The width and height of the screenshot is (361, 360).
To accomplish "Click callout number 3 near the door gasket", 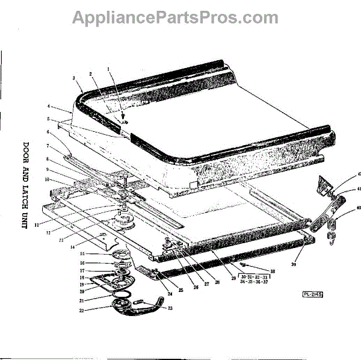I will click(73, 78).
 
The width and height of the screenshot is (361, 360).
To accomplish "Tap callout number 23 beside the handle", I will click(170, 308).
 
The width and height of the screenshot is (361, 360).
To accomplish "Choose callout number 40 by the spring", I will click(359, 208).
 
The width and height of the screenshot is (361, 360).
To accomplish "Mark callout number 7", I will click(48, 146).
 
